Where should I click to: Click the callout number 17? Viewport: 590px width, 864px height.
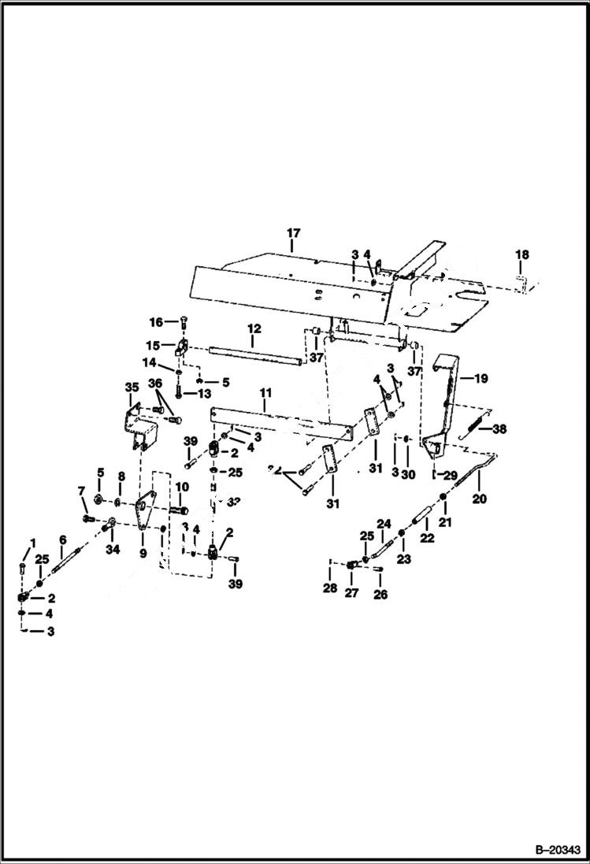(293, 233)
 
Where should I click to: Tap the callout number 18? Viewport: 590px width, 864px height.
(523, 255)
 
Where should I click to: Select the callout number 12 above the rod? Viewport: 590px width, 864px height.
(253, 328)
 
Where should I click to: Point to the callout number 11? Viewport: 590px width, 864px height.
(265, 391)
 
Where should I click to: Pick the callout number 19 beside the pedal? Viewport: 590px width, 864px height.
(481, 378)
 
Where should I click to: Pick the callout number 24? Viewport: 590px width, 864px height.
(383, 523)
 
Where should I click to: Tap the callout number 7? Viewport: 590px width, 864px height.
(81, 493)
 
